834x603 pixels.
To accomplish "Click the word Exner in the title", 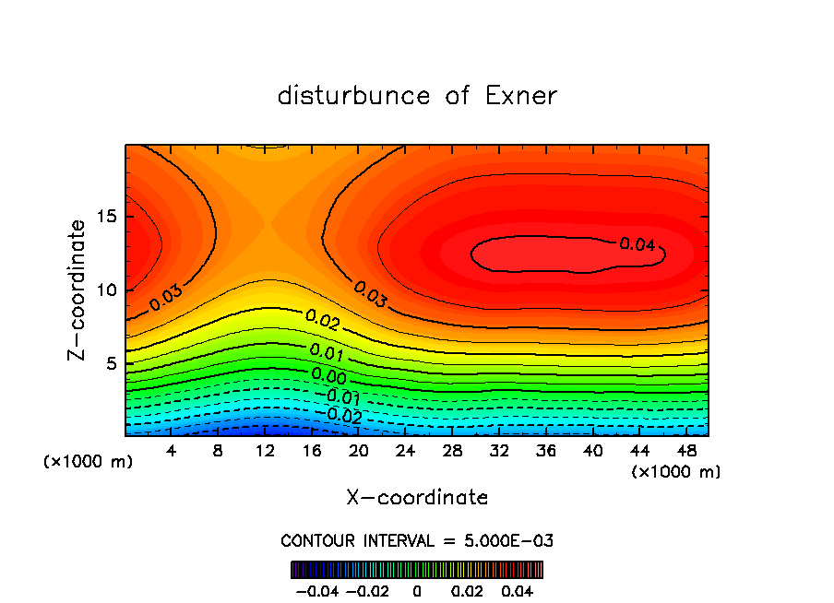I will [x=521, y=96].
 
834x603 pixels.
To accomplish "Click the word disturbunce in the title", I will [x=354, y=96].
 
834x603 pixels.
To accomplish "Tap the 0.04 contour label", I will [x=637, y=244].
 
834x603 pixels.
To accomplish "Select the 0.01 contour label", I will [x=328, y=351].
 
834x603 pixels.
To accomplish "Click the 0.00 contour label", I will [x=328, y=375].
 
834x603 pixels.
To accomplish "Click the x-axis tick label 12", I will [x=265, y=451].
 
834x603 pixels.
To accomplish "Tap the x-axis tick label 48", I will [x=686, y=451].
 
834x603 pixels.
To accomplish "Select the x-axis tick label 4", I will [x=172, y=451].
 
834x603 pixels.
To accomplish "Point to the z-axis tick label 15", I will [x=109, y=217].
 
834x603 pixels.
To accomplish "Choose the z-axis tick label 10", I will [x=109, y=290].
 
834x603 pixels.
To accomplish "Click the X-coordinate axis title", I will [x=417, y=498].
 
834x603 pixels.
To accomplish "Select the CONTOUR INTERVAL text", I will [x=417, y=540].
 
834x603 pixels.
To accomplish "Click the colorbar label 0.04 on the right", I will [x=518, y=589].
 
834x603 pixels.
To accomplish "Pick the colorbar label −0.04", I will [x=316, y=589].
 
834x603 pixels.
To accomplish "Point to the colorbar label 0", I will [x=417, y=589].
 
